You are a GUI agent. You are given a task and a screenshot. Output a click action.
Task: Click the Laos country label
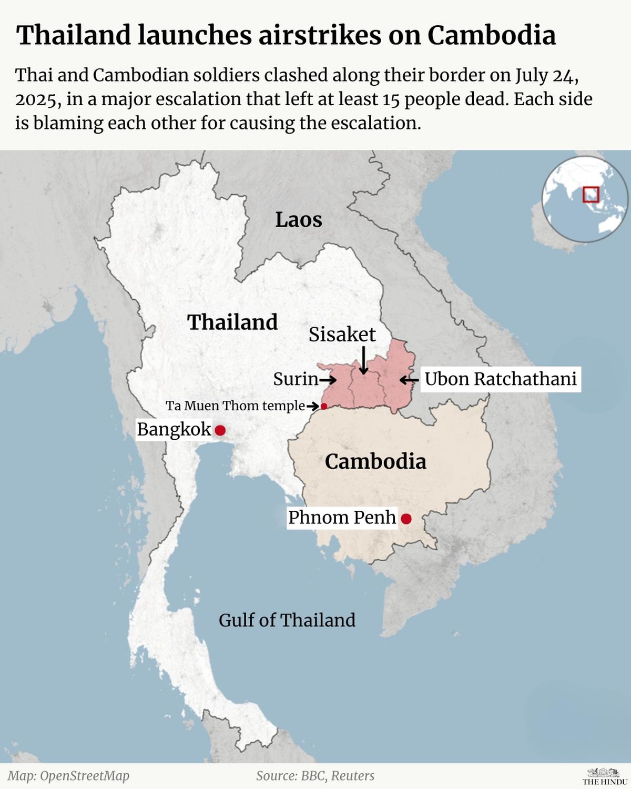[x=299, y=219]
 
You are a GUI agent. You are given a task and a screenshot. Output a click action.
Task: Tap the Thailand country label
[x=232, y=322]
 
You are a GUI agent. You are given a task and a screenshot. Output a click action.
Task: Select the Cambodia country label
[x=375, y=461]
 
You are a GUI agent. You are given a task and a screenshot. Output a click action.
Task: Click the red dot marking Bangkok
[x=220, y=430]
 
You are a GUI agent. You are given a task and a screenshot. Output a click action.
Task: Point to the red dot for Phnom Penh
[x=406, y=519]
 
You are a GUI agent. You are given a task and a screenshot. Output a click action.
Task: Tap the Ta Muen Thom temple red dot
[x=324, y=406]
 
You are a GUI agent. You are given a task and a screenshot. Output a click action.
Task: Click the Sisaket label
[x=342, y=335]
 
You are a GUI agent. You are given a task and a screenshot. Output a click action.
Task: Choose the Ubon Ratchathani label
[x=500, y=379]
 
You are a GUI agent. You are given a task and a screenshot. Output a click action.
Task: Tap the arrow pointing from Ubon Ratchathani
[x=409, y=379]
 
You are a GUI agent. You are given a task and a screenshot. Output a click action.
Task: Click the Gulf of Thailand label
[x=287, y=620]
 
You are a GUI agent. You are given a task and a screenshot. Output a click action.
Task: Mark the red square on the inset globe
[x=591, y=194]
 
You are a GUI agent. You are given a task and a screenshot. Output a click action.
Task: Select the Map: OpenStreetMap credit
[x=68, y=776]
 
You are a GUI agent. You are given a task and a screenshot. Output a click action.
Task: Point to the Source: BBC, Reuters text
[x=315, y=776]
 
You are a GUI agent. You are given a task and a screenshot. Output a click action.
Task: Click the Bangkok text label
[x=174, y=430]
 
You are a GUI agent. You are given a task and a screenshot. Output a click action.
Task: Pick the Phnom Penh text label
[x=342, y=518]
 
